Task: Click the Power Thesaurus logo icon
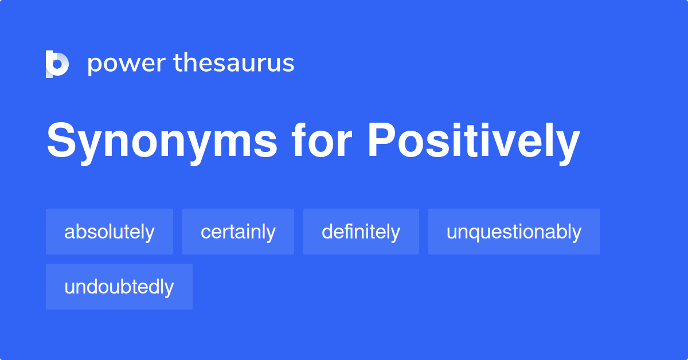[57, 64]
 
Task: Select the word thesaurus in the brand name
[234, 63]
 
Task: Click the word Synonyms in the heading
[162, 142]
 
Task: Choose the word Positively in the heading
[473, 142]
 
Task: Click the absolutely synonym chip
[110, 232]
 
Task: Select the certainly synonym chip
[238, 232]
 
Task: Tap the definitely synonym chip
[361, 232]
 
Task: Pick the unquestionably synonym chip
[514, 232]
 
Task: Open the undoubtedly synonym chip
[119, 287]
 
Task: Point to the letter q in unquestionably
[478, 233]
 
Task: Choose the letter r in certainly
[229, 233]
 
